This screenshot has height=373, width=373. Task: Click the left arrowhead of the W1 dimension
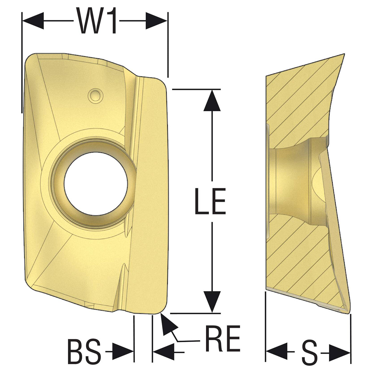tap(33, 21)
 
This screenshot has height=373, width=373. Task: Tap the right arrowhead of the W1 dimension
tap(156, 21)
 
